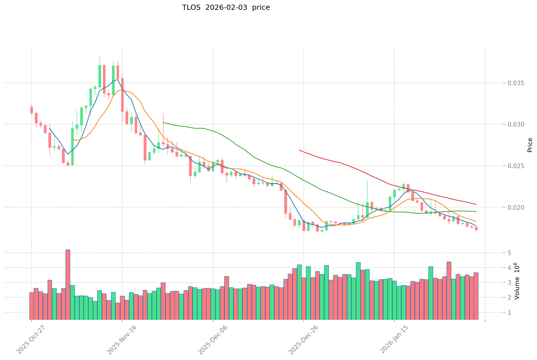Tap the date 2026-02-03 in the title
point(226,8)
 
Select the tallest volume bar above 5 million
point(68,285)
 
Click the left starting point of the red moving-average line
point(299,150)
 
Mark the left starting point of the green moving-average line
point(163,123)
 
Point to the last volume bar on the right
point(476,296)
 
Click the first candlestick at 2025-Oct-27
point(31,110)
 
